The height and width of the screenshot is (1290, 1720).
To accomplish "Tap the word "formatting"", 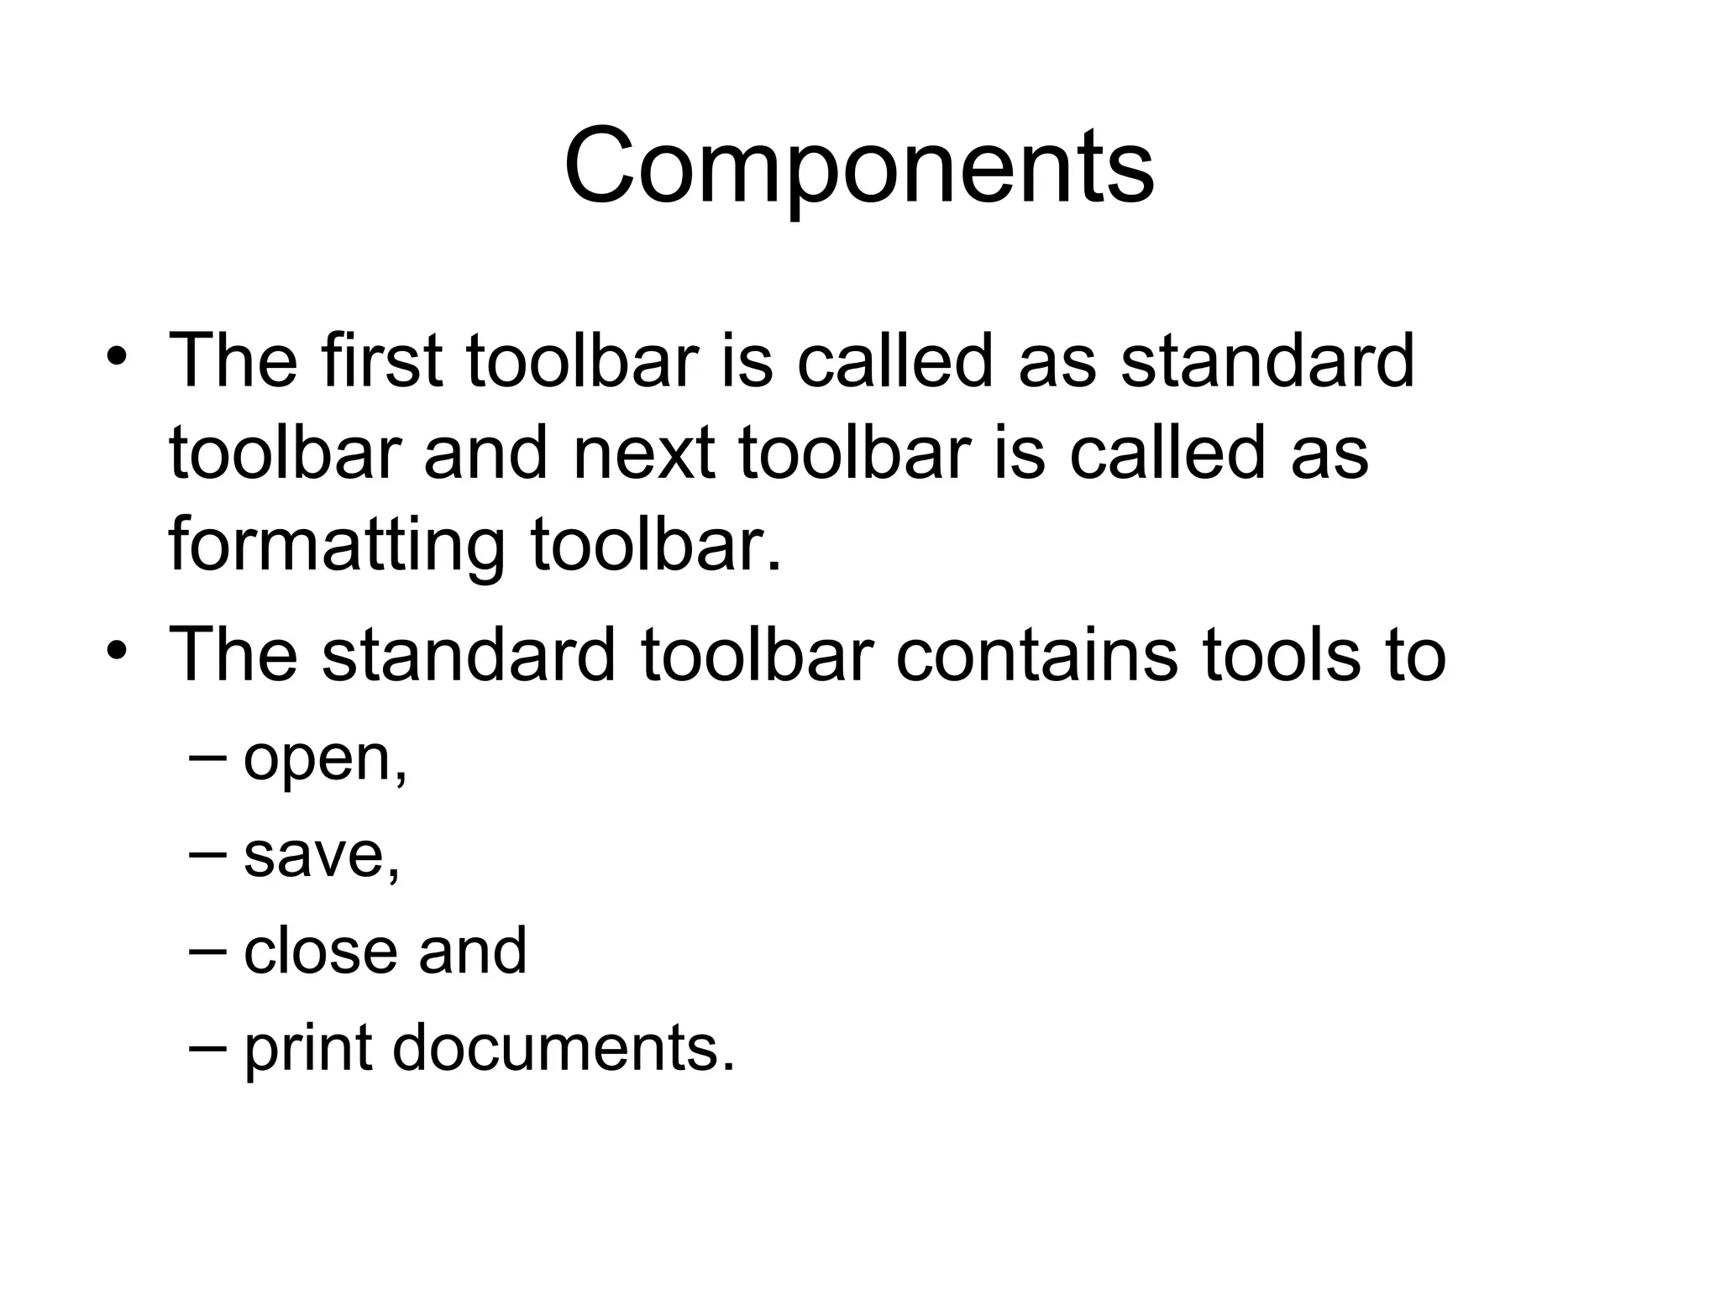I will point(337,545).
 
